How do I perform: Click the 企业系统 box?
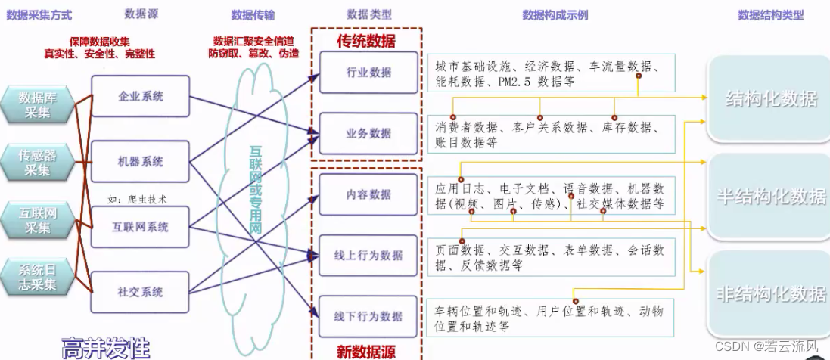point(141,97)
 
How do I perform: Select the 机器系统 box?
point(141,162)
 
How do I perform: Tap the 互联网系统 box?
point(141,227)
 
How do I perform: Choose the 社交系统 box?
point(141,292)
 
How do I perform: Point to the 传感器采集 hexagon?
point(39,163)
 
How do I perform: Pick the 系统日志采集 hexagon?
point(39,277)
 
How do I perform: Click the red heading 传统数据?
point(366,42)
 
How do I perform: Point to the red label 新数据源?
point(366,351)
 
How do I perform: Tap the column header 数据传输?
point(253,14)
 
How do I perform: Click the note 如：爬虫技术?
point(137,200)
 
